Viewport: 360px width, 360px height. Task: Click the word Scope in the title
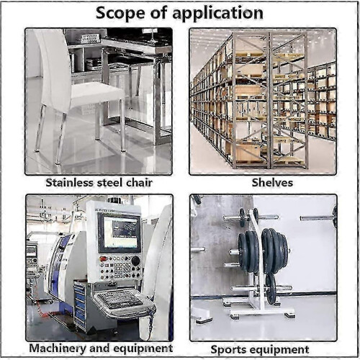pyautogui.click(x=120, y=13)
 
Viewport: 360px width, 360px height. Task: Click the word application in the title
pyautogui.click(x=217, y=14)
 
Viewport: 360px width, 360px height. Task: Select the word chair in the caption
pyautogui.click(x=140, y=182)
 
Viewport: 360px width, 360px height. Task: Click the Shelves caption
pyautogui.click(x=272, y=182)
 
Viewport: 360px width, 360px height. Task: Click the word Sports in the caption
pyautogui.click(x=228, y=350)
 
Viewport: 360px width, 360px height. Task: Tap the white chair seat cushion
pyautogui.click(x=97, y=91)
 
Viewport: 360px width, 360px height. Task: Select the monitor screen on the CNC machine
pyautogui.click(x=120, y=233)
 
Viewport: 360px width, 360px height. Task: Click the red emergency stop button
pyautogui.click(x=104, y=259)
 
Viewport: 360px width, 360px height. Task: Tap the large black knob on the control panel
pyautogui.click(x=135, y=261)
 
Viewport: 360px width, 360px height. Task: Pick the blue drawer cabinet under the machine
pyautogui.click(x=80, y=305)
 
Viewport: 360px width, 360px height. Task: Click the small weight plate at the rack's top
pyautogui.click(x=243, y=217)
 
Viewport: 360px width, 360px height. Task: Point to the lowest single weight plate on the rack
pyautogui.click(x=271, y=289)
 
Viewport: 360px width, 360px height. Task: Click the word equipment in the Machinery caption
pyautogui.click(x=143, y=348)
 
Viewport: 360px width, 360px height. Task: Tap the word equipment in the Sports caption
pyautogui.click(x=278, y=350)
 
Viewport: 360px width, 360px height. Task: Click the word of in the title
pyautogui.click(x=158, y=13)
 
